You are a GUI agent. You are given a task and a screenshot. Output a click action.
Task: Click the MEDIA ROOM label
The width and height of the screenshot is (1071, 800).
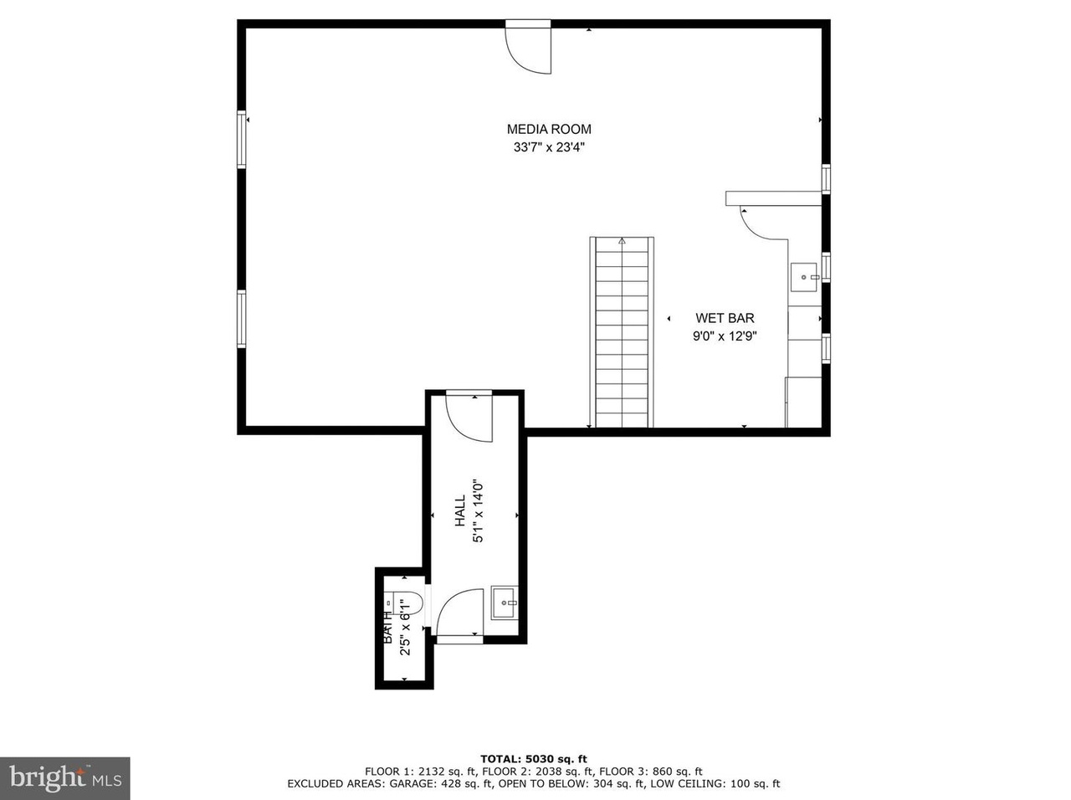pos(549,129)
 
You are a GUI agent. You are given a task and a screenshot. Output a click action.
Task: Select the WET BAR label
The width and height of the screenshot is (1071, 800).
pos(725,318)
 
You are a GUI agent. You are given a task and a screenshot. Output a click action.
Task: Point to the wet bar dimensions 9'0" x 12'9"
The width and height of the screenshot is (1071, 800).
pos(725,336)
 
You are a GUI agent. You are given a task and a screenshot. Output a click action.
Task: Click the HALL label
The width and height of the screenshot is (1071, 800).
pos(460,510)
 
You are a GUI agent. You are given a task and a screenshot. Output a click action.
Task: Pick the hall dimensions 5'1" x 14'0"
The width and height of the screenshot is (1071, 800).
pos(479,510)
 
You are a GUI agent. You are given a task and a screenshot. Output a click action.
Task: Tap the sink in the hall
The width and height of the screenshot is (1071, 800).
pos(505,603)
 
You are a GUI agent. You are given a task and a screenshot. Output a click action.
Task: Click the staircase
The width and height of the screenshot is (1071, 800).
pos(622,335)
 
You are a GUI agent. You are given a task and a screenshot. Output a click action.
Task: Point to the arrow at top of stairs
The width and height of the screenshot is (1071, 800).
pos(622,242)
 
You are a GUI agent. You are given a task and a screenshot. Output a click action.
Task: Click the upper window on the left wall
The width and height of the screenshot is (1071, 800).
pos(242,141)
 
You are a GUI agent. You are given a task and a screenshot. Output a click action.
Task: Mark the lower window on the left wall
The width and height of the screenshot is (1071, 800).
pos(242,319)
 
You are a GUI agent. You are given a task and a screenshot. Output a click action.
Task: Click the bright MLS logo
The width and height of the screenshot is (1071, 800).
pos(65,778)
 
